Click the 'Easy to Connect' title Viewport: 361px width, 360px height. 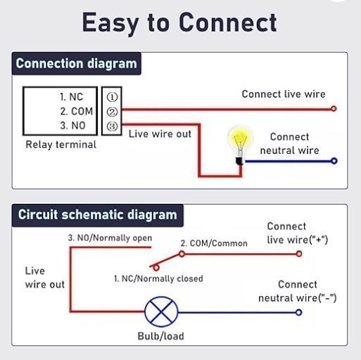(x=179, y=23)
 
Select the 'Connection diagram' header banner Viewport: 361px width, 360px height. (x=77, y=63)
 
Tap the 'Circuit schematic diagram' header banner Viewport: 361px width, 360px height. (x=98, y=215)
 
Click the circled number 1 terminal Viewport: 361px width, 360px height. (x=112, y=97)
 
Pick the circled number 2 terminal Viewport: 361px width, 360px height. (x=112, y=112)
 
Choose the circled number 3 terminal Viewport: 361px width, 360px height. (x=112, y=127)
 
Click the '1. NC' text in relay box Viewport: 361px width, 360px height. (x=71, y=97)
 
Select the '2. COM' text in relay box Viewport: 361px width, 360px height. (x=77, y=111)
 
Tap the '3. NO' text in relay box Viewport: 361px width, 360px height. (x=72, y=126)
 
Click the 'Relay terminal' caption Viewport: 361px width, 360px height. (x=61, y=144)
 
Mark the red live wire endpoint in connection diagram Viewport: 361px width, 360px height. (x=334, y=109)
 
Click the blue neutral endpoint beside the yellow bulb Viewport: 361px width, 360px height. (x=334, y=161)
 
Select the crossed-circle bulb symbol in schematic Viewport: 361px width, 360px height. (x=161, y=311)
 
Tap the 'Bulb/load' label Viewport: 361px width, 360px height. (x=160, y=336)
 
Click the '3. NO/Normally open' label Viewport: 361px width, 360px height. (x=110, y=238)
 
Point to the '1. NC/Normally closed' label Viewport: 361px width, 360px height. (x=158, y=278)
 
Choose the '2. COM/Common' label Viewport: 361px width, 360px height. (x=214, y=243)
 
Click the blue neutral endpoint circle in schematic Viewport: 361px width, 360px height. (x=298, y=312)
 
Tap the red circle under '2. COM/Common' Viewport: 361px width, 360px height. (x=182, y=254)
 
